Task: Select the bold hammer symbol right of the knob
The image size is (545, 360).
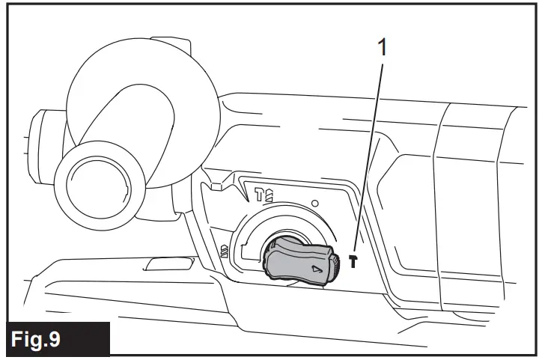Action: pyautogui.click(x=353, y=260)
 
